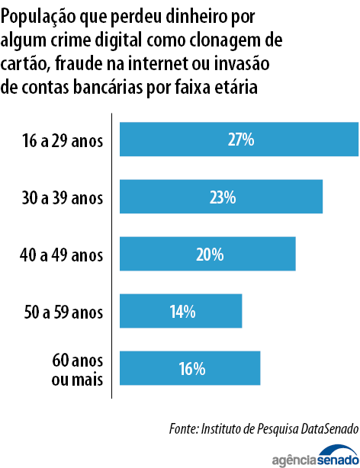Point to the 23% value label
pos(222,197)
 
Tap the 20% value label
pos(208,255)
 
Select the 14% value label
pos(182,311)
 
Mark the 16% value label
pos(191,368)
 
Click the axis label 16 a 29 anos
pos(63,141)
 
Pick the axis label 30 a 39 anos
pos(63,198)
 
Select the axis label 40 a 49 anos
pos(63,255)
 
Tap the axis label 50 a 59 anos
pos(63,312)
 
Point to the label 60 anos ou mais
pos(76,368)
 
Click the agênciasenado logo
pos(315,457)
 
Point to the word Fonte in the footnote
pos(183,429)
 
